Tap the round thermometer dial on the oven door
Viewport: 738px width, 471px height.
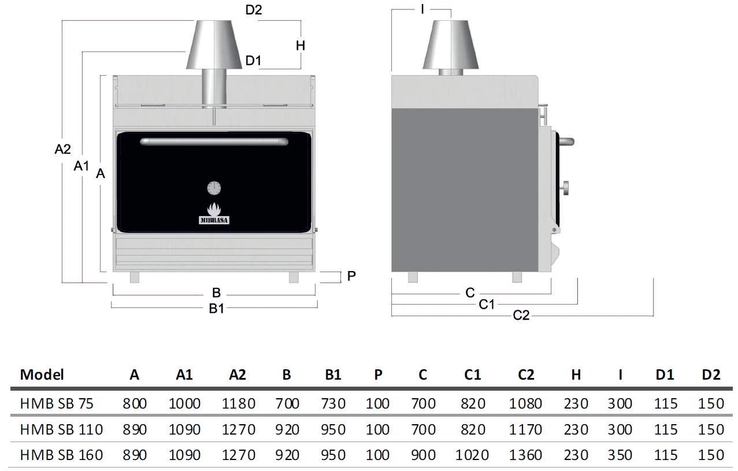(x=214, y=187)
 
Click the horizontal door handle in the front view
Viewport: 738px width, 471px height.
(x=214, y=141)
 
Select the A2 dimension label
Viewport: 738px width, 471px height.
(x=63, y=149)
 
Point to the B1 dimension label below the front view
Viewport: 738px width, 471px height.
(x=216, y=309)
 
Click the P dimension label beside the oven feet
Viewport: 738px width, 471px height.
(x=351, y=276)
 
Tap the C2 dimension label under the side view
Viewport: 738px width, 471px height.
(x=521, y=315)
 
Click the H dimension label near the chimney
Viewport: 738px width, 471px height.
(x=301, y=45)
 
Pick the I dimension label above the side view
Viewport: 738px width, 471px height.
(x=422, y=9)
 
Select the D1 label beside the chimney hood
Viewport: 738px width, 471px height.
(x=253, y=61)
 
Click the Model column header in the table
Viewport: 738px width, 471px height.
(x=42, y=374)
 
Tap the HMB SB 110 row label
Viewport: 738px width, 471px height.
(x=61, y=429)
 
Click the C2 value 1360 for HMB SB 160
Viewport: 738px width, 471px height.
(x=525, y=455)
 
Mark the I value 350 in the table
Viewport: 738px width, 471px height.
(x=620, y=455)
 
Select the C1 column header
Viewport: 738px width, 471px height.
(x=472, y=374)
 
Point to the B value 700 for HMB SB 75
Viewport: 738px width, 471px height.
(x=287, y=403)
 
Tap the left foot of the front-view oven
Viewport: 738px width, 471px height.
(x=135, y=277)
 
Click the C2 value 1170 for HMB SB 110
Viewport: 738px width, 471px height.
(x=525, y=429)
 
